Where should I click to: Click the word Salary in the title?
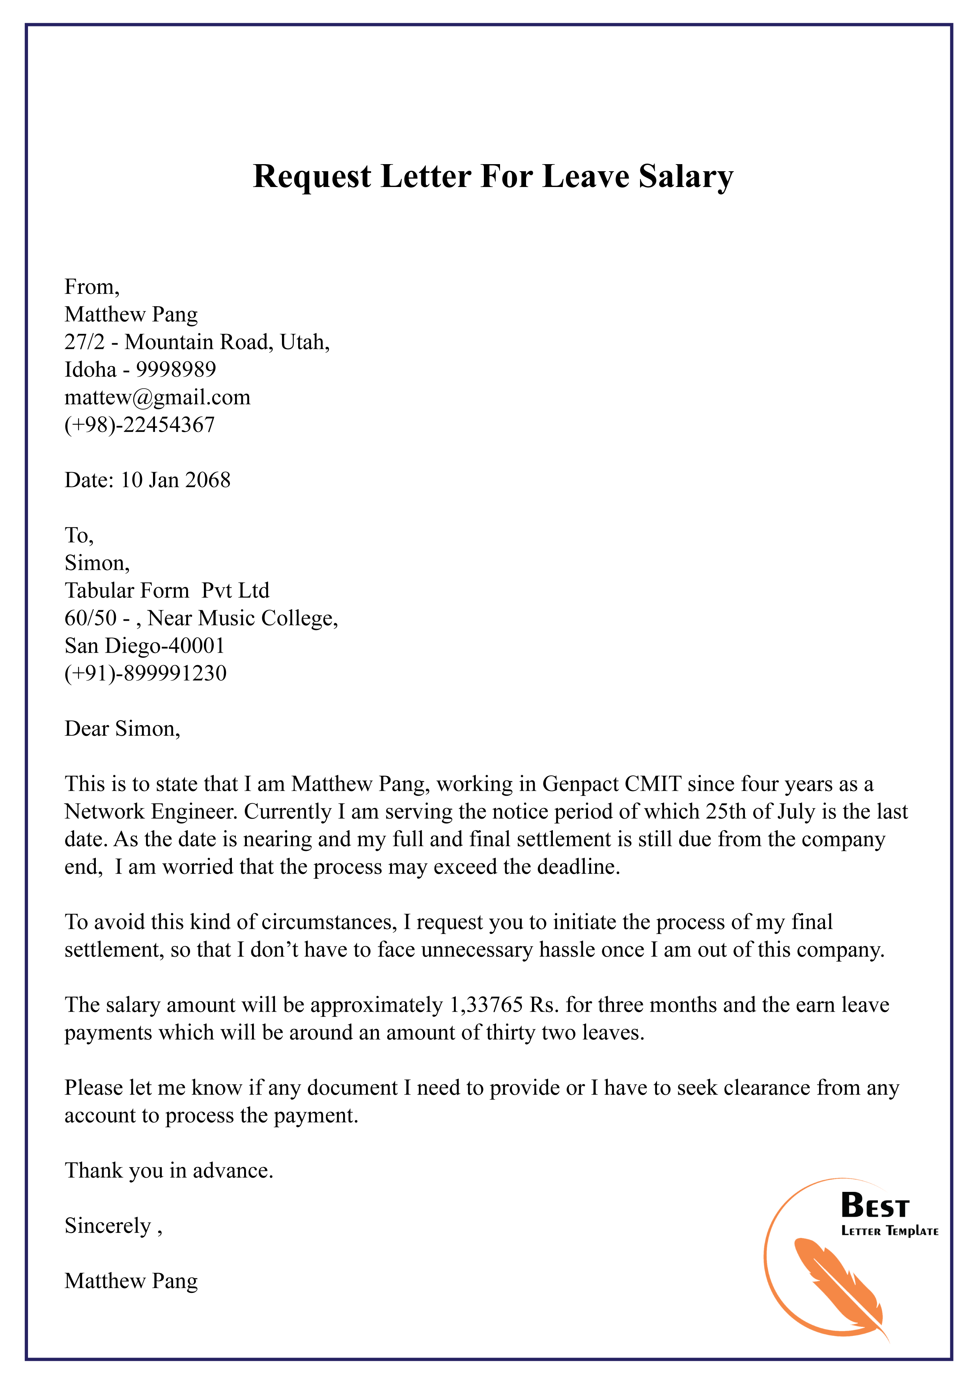686,177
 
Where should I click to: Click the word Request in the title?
312,177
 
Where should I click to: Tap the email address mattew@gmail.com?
157,397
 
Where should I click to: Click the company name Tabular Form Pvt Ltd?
167,590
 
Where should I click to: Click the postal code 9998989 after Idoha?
176,370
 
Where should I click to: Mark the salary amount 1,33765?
486,1005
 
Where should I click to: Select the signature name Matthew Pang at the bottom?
131,1281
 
